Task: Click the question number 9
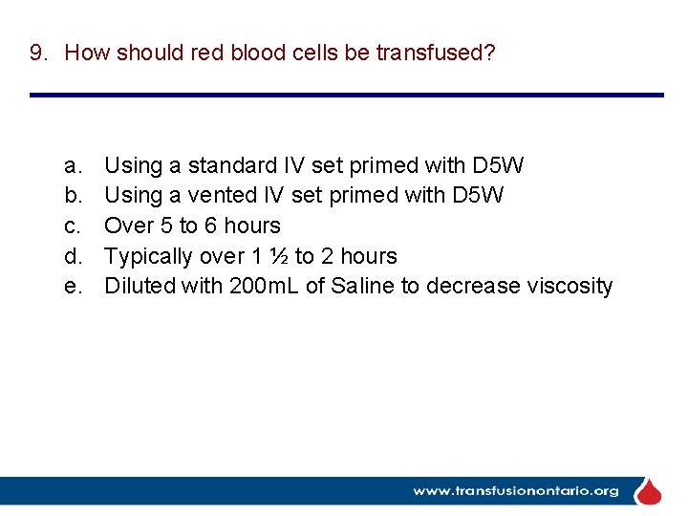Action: pyautogui.click(x=37, y=53)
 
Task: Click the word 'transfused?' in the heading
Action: pyautogui.click(x=436, y=53)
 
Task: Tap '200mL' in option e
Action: pyautogui.click(x=265, y=286)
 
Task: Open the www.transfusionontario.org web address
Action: pyautogui.click(x=515, y=491)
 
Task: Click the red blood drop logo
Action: pyautogui.click(x=649, y=491)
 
